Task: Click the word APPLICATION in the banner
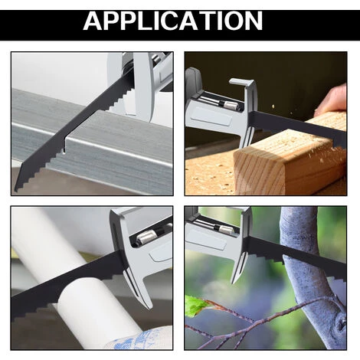point(173,21)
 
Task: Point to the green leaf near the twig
point(196,306)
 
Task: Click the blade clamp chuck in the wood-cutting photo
point(228,104)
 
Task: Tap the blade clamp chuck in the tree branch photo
point(224,227)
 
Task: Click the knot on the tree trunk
point(342,323)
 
